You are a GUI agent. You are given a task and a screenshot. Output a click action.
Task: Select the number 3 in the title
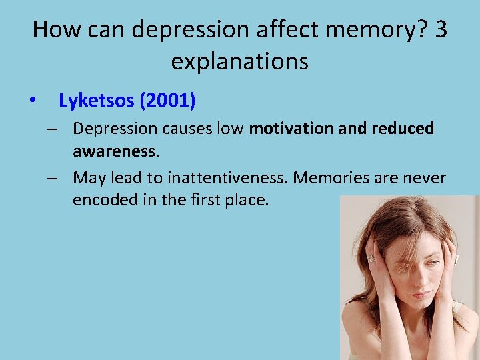click(x=439, y=31)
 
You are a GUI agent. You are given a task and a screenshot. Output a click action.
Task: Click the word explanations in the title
click(x=239, y=62)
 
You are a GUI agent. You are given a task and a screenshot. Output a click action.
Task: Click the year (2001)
click(x=169, y=101)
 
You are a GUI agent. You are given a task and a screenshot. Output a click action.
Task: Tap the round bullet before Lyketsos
click(x=33, y=102)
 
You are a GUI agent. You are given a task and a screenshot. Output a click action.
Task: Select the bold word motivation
click(x=291, y=128)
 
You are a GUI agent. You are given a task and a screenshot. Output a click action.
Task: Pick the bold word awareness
click(x=115, y=151)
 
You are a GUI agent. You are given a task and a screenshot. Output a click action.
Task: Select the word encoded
click(x=101, y=200)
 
